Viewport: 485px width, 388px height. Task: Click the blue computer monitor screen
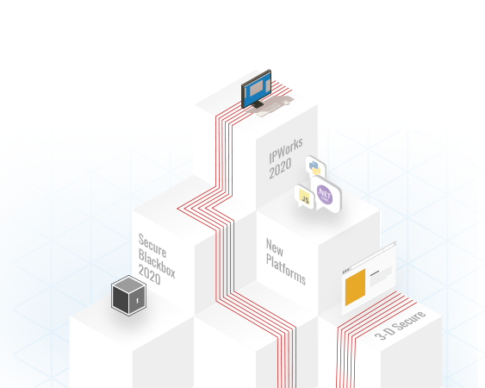click(x=257, y=89)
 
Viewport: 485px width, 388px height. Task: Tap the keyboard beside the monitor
click(x=273, y=106)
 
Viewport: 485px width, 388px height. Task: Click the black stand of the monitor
click(x=257, y=104)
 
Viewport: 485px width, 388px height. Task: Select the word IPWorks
click(x=286, y=151)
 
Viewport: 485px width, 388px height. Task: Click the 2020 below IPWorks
click(x=280, y=169)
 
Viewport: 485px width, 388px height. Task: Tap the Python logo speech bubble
click(x=315, y=166)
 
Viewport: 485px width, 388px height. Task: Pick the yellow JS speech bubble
click(x=305, y=197)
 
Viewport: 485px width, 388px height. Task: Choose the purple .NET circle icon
click(x=325, y=195)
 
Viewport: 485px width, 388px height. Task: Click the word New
click(x=274, y=247)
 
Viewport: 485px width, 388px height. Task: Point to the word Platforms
click(x=286, y=269)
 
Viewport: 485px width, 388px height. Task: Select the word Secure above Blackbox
click(x=152, y=246)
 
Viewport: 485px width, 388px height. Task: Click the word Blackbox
click(x=157, y=264)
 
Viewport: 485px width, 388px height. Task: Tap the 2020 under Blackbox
click(x=149, y=274)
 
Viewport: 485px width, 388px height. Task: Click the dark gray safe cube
click(x=128, y=296)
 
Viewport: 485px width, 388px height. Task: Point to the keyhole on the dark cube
click(x=137, y=300)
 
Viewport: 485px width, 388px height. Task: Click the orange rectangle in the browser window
click(x=355, y=287)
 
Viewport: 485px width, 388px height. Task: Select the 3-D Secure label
click(x=401, y=325)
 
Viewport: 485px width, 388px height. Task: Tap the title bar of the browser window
click(x=369, y=259)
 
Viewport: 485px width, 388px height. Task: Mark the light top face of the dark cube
click(x=128, y=285)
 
